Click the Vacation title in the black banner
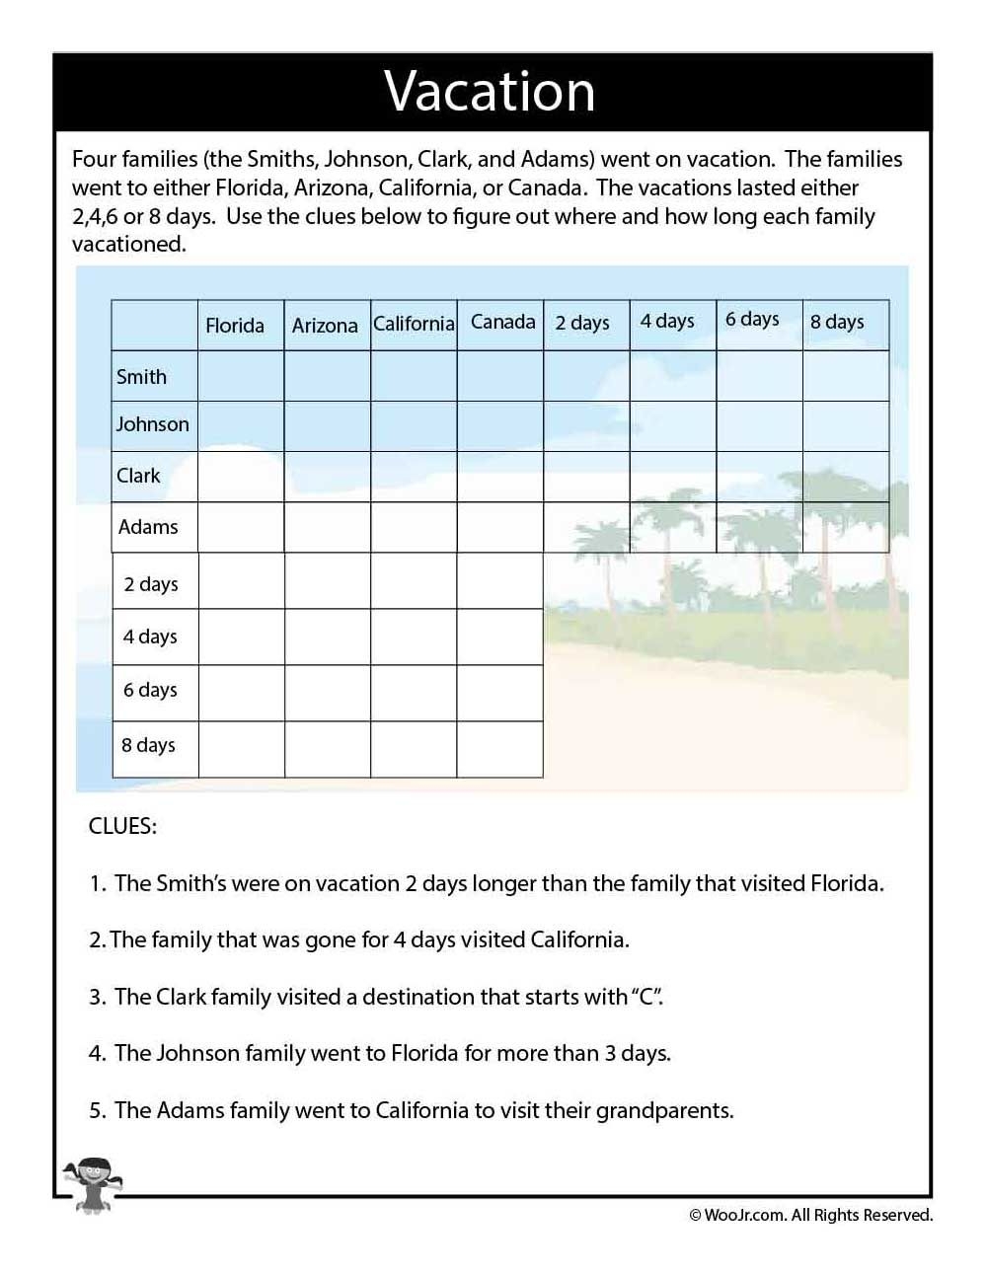coord(490,92)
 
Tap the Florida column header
coord(235,326)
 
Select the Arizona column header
coord(325,326)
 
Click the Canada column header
coord(502,322)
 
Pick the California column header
coord(414,324)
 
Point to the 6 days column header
coord(752,319)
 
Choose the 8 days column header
coord(837,322)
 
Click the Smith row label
coord(142,377)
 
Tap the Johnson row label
coord(152,424)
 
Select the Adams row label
coord(148,527)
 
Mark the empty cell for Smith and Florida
coord(241,376)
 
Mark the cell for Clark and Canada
coord(499,477)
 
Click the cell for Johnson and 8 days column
coord(845,425)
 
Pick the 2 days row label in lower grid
coord(151,584)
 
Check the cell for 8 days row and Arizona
coord(328,749)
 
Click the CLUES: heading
coord(122,826)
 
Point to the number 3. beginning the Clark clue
coord(97,997)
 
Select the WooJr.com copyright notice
coord(810,1215)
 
